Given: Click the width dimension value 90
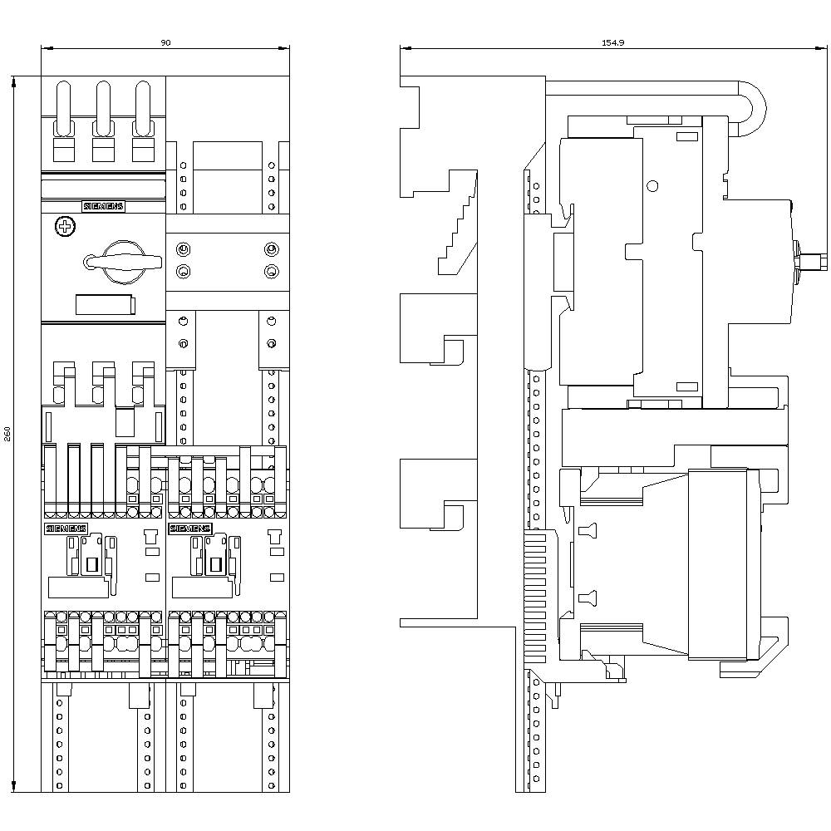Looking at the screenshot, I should coord(165,42).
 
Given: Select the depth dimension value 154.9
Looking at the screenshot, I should coord(612,42).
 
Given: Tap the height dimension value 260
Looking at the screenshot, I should coord(7,434).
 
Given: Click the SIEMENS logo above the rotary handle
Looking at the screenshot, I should coord(102,207).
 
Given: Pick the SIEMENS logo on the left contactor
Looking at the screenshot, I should coord(66,529).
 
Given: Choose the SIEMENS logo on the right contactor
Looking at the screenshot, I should coord(190,529).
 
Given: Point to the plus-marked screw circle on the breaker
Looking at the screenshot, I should coord(64,226).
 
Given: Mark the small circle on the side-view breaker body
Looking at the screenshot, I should coord(652,186).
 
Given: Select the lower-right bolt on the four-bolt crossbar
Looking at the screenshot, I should coord(270,271).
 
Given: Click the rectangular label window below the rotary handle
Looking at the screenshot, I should coord(105,305).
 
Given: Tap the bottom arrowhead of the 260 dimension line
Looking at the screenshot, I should coord(14,785).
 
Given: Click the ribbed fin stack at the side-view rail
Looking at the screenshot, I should coord(537,598).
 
